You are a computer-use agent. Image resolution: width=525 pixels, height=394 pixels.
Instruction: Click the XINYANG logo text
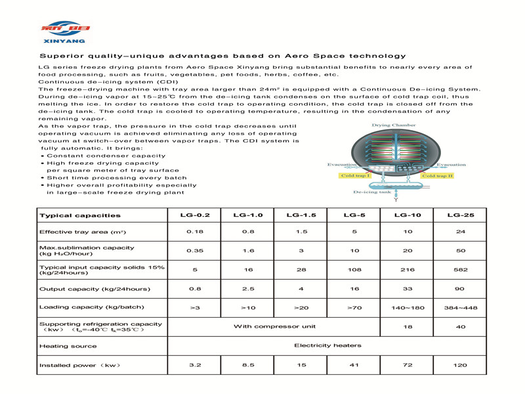65,41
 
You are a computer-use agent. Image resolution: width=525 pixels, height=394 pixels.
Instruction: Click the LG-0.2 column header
196,215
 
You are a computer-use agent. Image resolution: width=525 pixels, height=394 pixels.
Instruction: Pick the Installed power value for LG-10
408,364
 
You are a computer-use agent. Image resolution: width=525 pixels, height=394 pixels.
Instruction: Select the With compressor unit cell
274,326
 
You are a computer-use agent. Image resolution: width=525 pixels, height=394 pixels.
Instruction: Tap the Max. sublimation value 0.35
196,251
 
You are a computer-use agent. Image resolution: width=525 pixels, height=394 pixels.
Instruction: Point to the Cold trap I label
356,176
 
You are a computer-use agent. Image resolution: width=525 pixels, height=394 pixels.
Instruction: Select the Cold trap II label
437,176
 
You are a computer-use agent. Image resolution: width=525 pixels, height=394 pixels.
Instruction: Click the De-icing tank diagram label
372,192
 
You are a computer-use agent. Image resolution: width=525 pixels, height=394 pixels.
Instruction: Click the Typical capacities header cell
80,215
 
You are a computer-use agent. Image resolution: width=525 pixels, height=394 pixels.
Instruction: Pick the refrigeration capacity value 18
408,326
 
